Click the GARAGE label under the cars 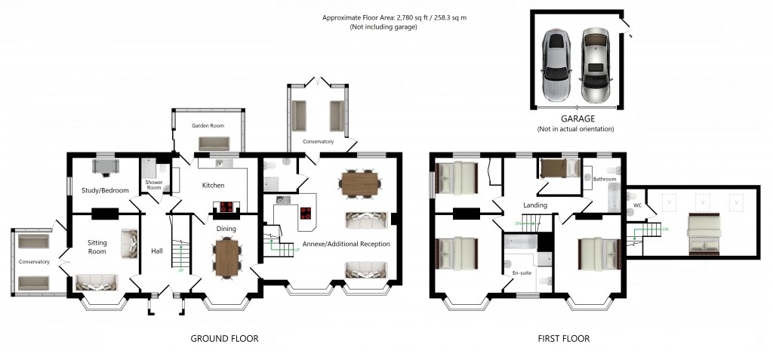click(x=577, y=118)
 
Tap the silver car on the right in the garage click(x=596, y=66)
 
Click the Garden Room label click(x=205, y=126)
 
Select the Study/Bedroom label click(x=105, y=190)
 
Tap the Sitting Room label click(x=97, y=248)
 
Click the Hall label click(x=157, y=251)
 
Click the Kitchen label click(x=213, y=185)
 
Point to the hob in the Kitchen click(x=226, y=208)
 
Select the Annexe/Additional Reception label click(x=346, y=245)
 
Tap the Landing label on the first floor click(x=535, y=205)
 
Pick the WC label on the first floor click(x=637, y=205)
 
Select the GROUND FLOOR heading click(x=224, y=339)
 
